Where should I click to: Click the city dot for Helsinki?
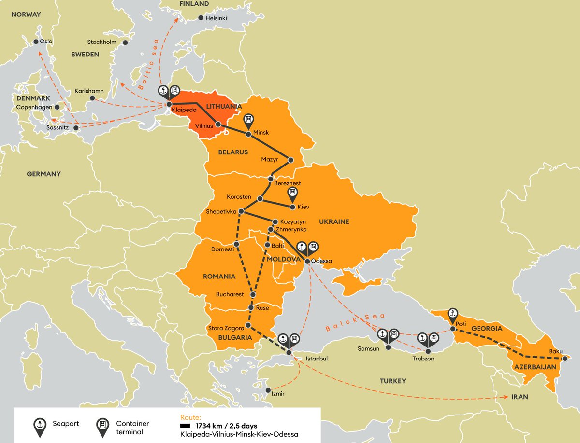pos(201,18)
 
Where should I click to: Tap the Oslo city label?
pos(46,42)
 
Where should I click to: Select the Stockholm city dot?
pos(125,42)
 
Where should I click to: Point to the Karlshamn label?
pos(86,91)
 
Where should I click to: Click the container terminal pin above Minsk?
pos(249,120)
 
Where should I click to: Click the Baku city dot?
pos(565,358)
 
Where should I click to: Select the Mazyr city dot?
pos(290,160)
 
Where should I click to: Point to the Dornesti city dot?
pos(236,244)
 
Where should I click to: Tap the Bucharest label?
pos(230,294)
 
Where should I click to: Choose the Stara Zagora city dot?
pos(248,325)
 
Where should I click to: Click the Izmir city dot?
pos(268,390)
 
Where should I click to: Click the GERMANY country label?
pos(43,174)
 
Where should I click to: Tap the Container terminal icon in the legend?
pos(103,426)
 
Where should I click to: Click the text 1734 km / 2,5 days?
pos(226,426)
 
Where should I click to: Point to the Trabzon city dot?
pos(427,351)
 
